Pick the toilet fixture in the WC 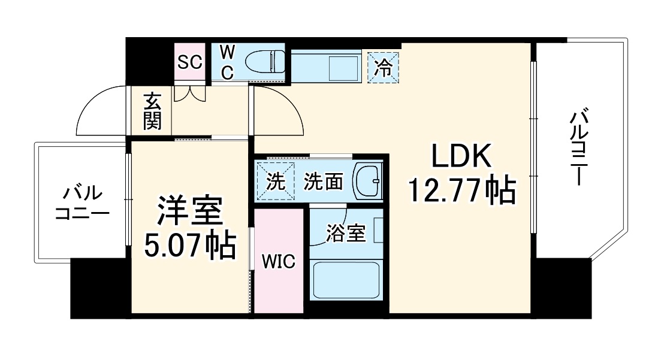264,62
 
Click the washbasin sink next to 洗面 367,180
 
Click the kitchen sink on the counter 344,65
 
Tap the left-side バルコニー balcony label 81,204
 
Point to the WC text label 227,62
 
